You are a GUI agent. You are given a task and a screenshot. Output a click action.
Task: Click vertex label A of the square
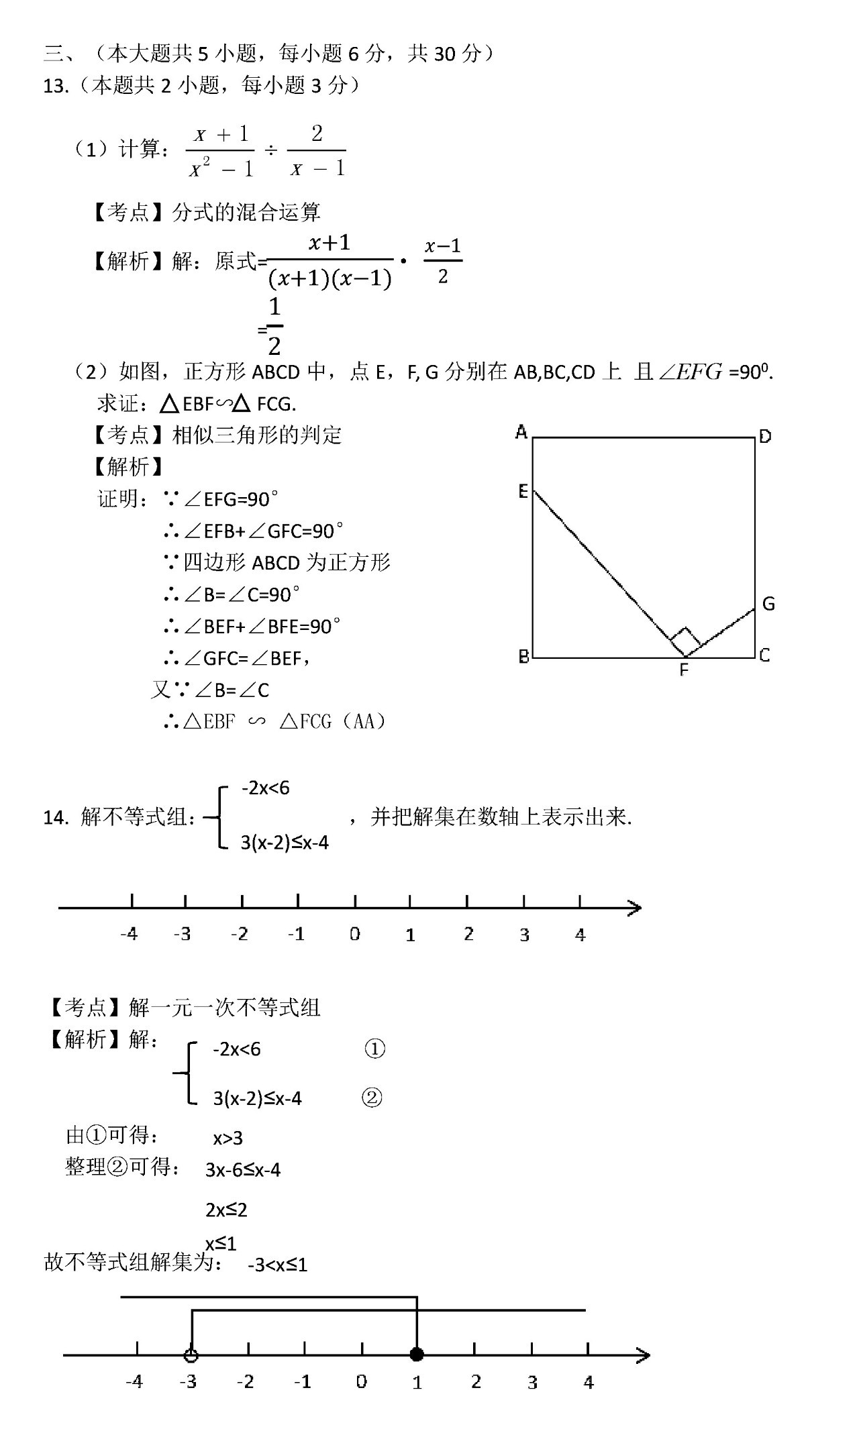(x=521, y=432)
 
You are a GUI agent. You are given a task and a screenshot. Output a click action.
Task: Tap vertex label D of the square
(x=765, y=437)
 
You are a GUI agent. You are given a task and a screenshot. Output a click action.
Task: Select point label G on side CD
(x=768, y=604)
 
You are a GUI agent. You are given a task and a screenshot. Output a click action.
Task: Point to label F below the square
(x=683, y=670)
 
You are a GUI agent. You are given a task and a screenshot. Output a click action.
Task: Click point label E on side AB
(x=523, y=492)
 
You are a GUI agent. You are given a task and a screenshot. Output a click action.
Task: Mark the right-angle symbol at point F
(x=685, y=641)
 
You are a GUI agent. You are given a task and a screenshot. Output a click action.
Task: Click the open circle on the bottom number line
(x=191, y=1355)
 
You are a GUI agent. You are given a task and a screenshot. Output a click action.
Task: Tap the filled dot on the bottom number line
(x=417, y=1355)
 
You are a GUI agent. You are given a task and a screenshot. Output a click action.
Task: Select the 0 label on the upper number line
(x=354, y=934)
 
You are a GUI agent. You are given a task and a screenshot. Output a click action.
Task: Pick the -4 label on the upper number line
(x=129, y=934)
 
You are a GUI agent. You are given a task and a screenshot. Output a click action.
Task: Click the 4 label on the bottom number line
(x=589, y=1382)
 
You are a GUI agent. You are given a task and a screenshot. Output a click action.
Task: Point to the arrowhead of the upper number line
(x=634, y=908)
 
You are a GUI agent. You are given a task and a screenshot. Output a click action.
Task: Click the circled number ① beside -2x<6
(x=374, y=1049)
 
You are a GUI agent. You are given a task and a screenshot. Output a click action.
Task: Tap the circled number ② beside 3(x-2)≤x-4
(x=372, y=1098)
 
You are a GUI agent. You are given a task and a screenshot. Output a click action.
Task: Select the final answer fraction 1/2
(x=274, y=327)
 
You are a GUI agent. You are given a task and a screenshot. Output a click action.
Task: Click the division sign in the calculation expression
(x=270, y=150)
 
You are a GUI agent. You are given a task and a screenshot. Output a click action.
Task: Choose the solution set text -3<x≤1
(x=277, y=1265)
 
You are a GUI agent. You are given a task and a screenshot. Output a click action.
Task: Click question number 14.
(x=55, y=818)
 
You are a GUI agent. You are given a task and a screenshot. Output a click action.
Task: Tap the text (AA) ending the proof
(x=364, y=721)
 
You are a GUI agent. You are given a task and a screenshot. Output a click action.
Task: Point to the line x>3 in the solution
(x=228, y=1138)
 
